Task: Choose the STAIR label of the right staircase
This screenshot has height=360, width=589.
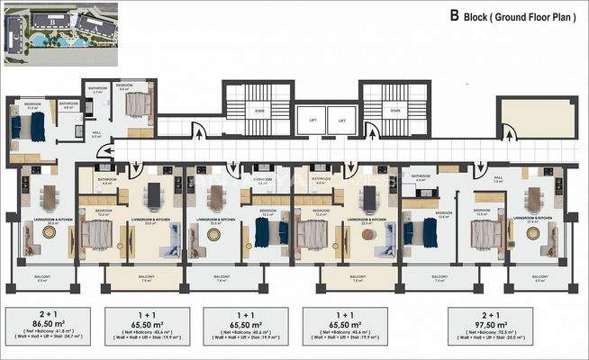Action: click(394, 112)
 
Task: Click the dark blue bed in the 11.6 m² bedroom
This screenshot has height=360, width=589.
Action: click(38, 128)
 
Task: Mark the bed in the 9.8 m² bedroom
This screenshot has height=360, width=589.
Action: click(138, 105)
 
